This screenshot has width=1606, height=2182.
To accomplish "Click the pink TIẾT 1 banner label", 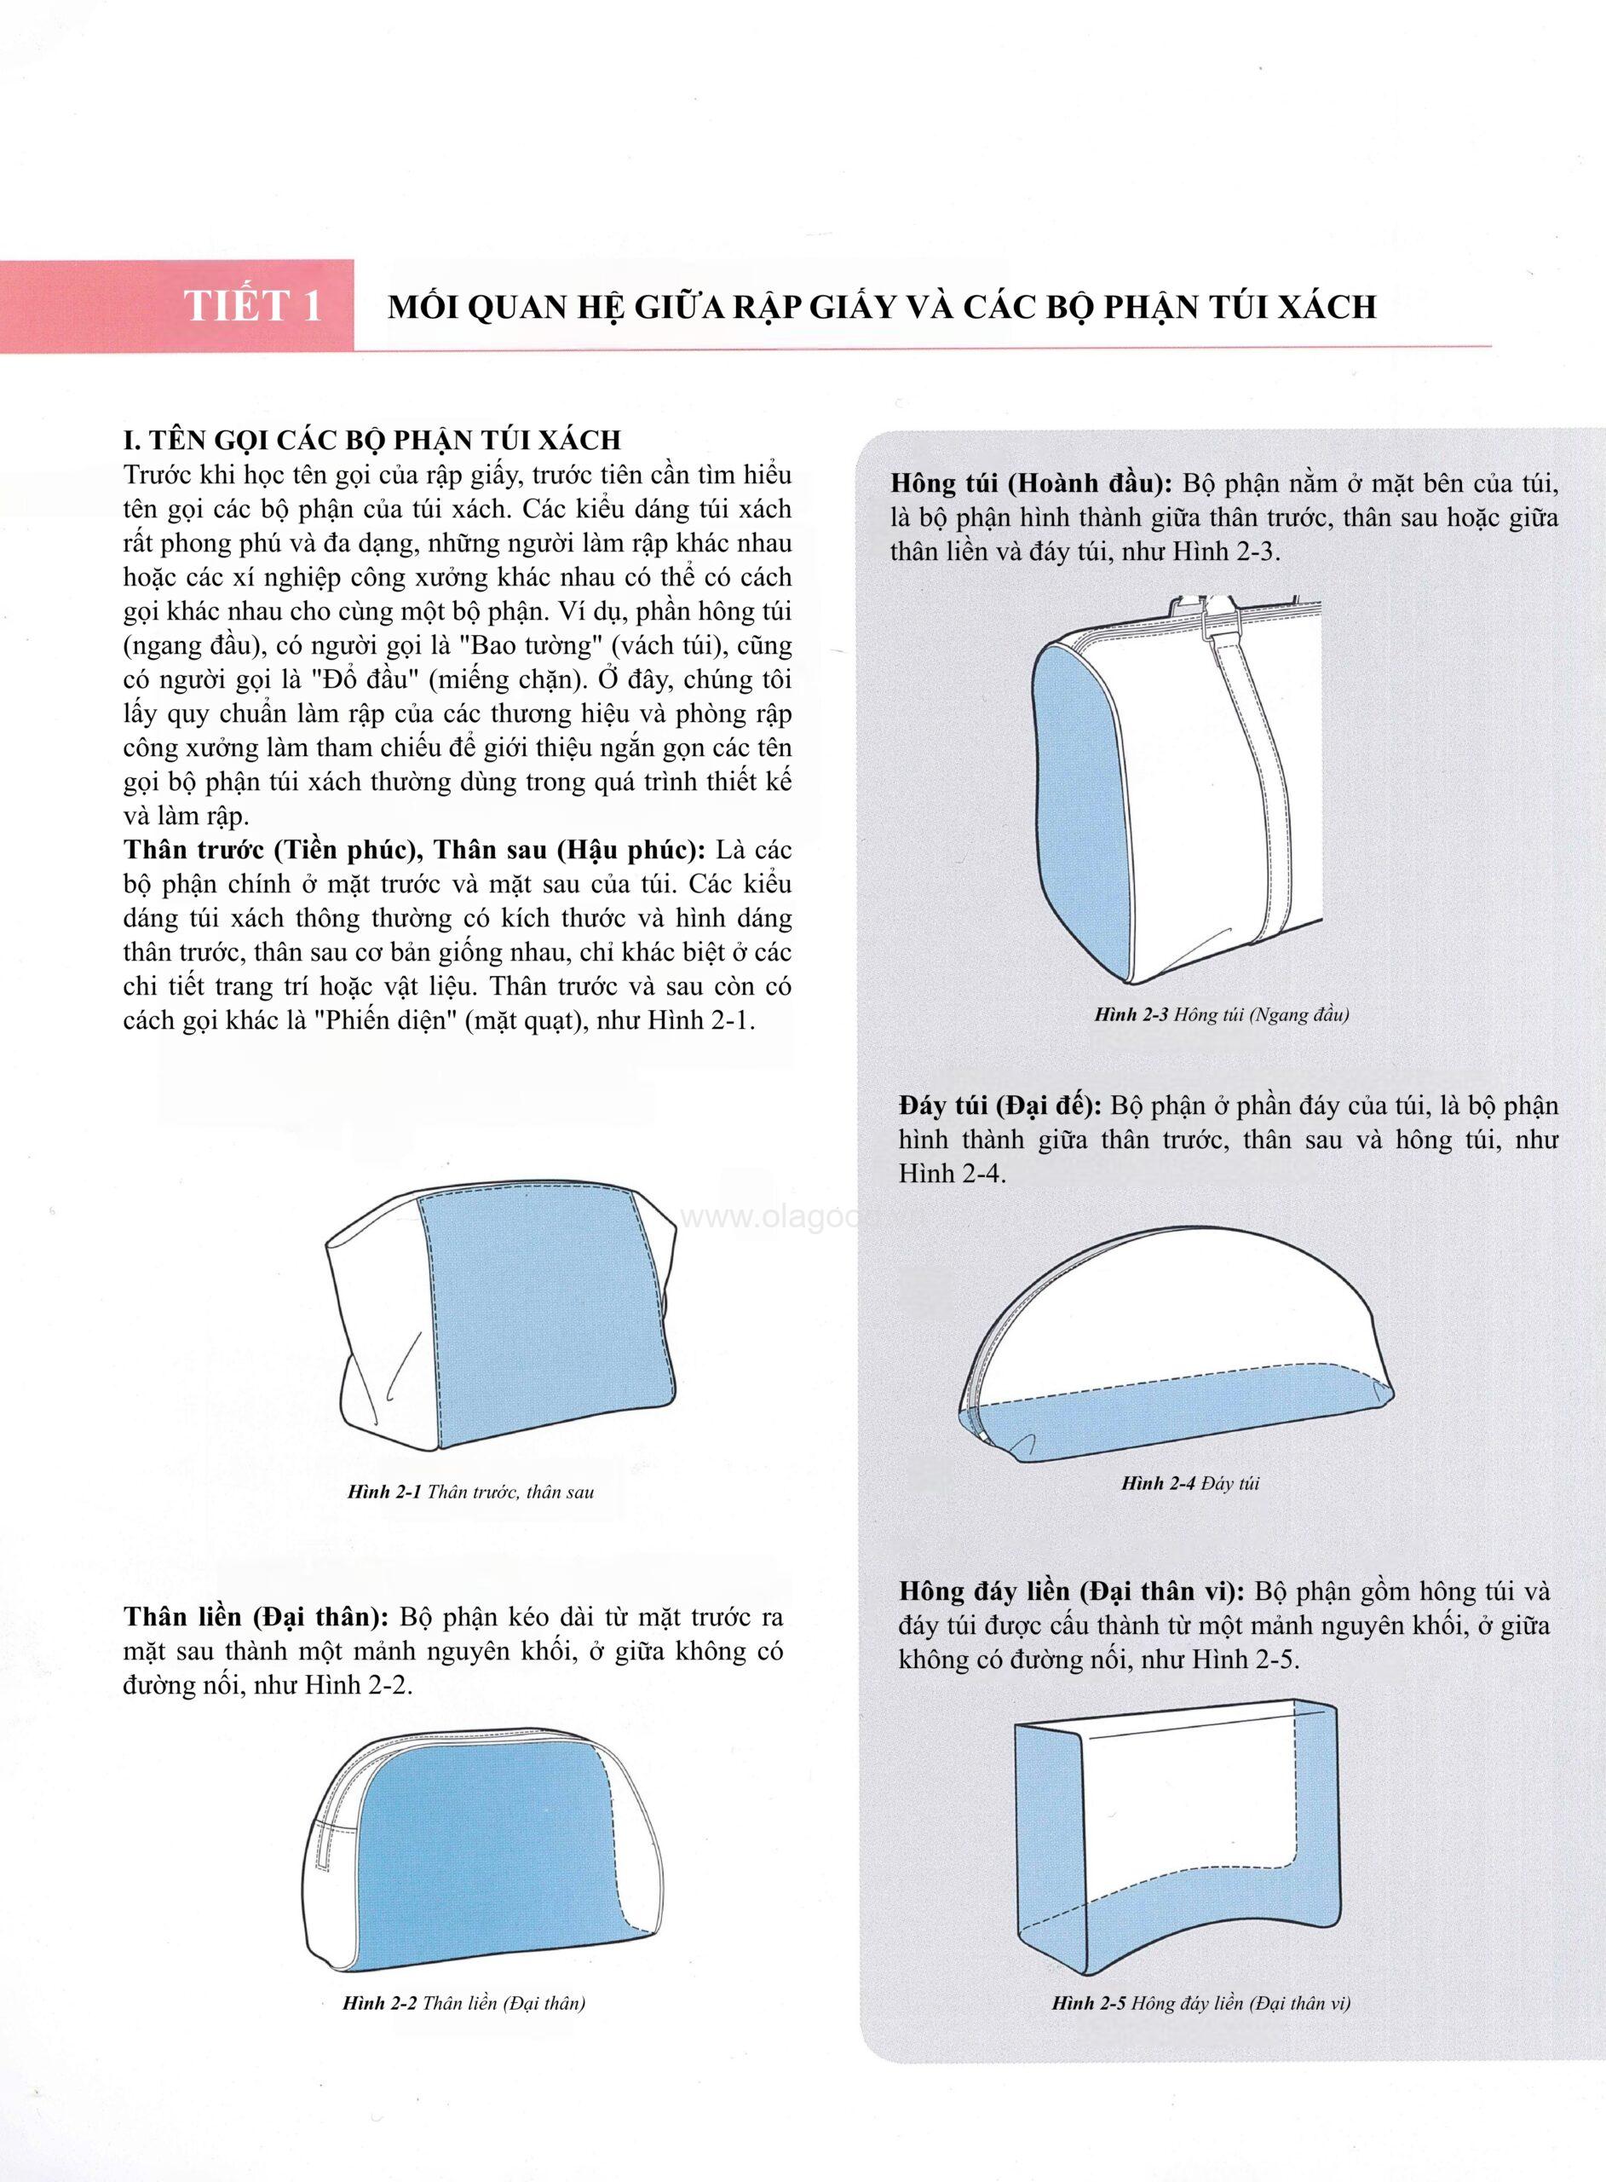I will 253,305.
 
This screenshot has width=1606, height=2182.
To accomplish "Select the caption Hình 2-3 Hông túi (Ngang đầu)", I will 1221,1015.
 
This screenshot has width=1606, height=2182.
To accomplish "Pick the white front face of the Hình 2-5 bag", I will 1195,1789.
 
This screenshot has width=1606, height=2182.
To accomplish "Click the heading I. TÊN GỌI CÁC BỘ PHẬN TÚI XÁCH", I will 372,440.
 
